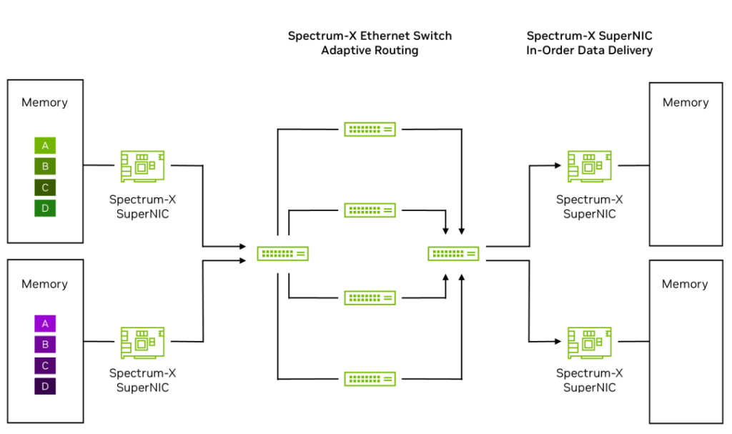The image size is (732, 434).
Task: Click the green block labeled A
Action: coord(45,146)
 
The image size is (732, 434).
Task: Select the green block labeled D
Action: coord(45,209)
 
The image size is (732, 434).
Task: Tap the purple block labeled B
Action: coord(45,345)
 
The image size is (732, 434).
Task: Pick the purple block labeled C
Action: coord(45,365)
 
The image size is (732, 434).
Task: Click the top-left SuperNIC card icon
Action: coord(142,166)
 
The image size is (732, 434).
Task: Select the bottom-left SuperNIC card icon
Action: coord(142,342)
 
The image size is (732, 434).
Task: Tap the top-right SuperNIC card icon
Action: coord(589,166)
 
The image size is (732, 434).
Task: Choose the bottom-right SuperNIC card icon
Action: coord(589,342)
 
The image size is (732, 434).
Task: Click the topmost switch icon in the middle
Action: coord(370,129)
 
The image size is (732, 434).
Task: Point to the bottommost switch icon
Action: coord(370,379)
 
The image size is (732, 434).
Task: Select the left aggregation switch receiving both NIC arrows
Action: coord(282,253)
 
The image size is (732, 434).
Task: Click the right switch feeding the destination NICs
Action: coord(453,253)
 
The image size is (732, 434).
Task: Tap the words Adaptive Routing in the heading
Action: coord(370,51)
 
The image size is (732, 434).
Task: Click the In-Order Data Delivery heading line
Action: coord(589,51)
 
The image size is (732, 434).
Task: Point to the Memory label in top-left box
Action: coord(44,102)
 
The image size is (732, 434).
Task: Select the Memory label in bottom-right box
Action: coord(685,284)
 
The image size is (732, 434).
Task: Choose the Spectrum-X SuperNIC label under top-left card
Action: coord(142,206)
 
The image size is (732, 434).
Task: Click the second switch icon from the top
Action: coord(370,210)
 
